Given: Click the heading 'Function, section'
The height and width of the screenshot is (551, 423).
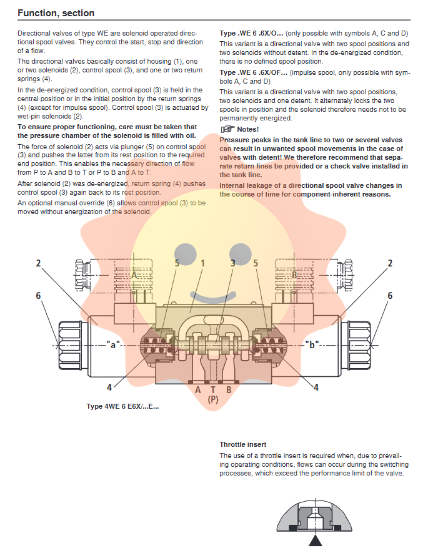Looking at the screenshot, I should coord(56,12).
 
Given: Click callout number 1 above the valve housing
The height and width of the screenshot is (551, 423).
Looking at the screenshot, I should coord(202,263).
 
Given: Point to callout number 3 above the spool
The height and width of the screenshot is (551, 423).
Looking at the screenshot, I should coord(233,263).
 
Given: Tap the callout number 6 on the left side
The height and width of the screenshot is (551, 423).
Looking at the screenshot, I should coord(39,295).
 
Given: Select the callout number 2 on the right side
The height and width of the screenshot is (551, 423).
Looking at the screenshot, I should coord(391,263).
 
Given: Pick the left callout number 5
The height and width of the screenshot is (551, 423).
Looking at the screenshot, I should coord(177,263).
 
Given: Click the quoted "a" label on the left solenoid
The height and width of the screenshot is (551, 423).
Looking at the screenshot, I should coord(113,344).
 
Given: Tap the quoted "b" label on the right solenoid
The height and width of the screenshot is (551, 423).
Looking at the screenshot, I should coord(312,344).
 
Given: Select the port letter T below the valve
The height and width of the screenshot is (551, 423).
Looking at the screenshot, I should coord(213,390).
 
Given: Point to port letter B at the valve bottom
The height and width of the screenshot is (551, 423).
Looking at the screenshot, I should coord(229,390).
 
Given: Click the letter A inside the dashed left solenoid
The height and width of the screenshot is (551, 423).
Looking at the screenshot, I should coord(134,275).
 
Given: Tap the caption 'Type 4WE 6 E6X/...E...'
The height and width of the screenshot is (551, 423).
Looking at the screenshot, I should coord(122,407).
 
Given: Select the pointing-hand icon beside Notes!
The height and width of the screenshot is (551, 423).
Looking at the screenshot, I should coord(227,129).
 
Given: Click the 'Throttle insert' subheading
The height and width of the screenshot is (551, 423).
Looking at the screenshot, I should coord(243,444).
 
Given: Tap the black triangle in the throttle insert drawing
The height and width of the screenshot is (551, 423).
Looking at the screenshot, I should coord(319,540).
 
